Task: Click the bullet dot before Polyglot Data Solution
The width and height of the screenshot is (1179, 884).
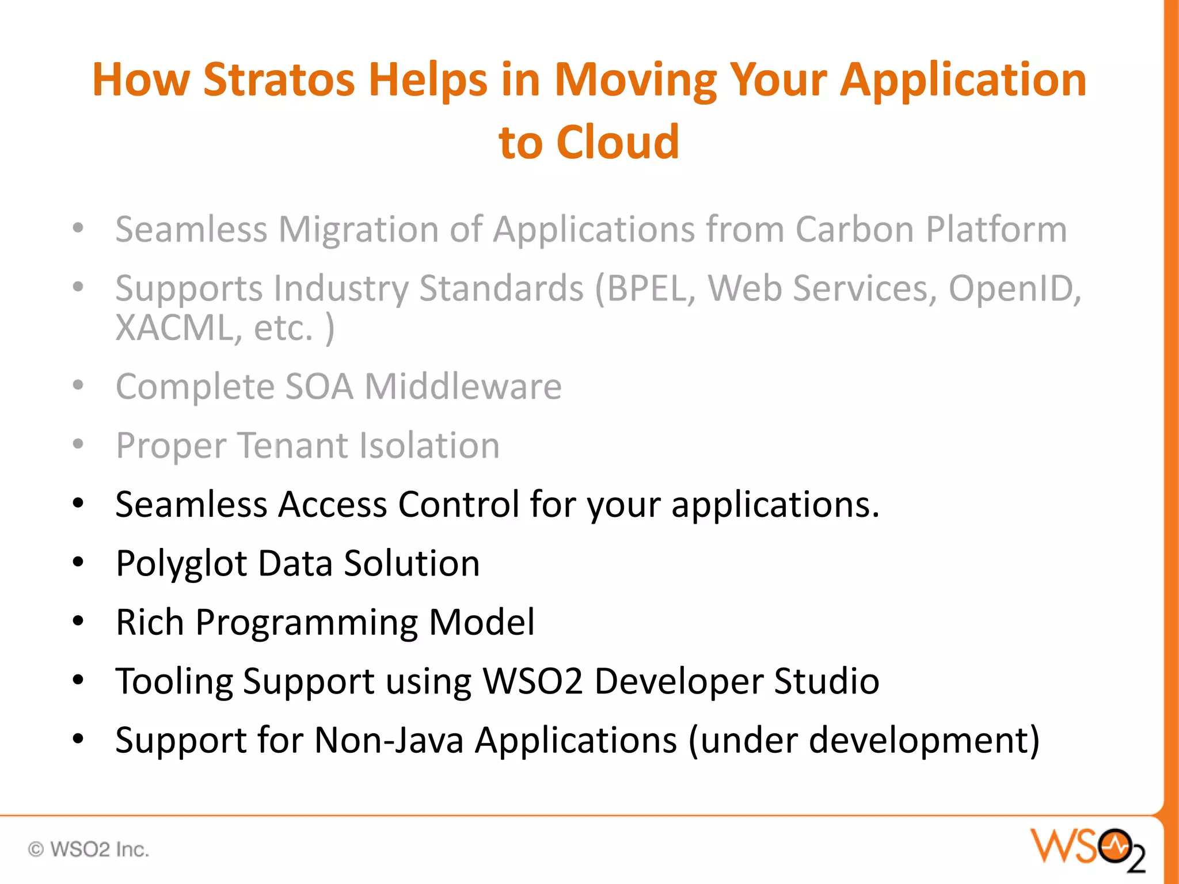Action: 78,562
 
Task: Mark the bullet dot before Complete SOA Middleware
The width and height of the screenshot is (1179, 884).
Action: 78,385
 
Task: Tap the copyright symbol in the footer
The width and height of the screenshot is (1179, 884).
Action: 36,849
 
